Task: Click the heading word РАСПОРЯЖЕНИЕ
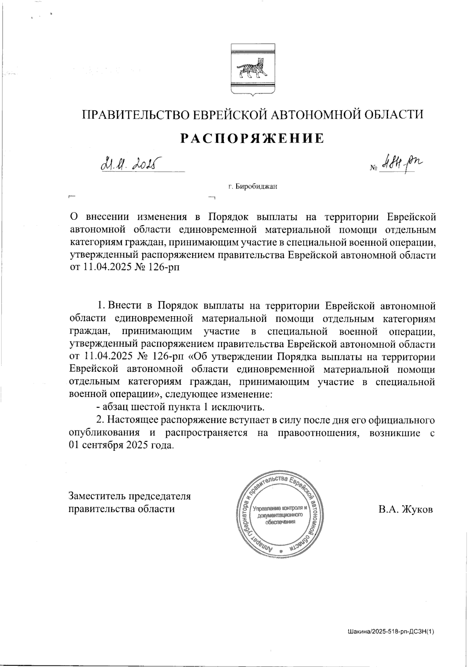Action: coord(252,138)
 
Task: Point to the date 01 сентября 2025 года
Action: coord(121,445)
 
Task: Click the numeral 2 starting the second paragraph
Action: coord(99,420)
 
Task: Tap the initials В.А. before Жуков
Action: coord(387,510)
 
